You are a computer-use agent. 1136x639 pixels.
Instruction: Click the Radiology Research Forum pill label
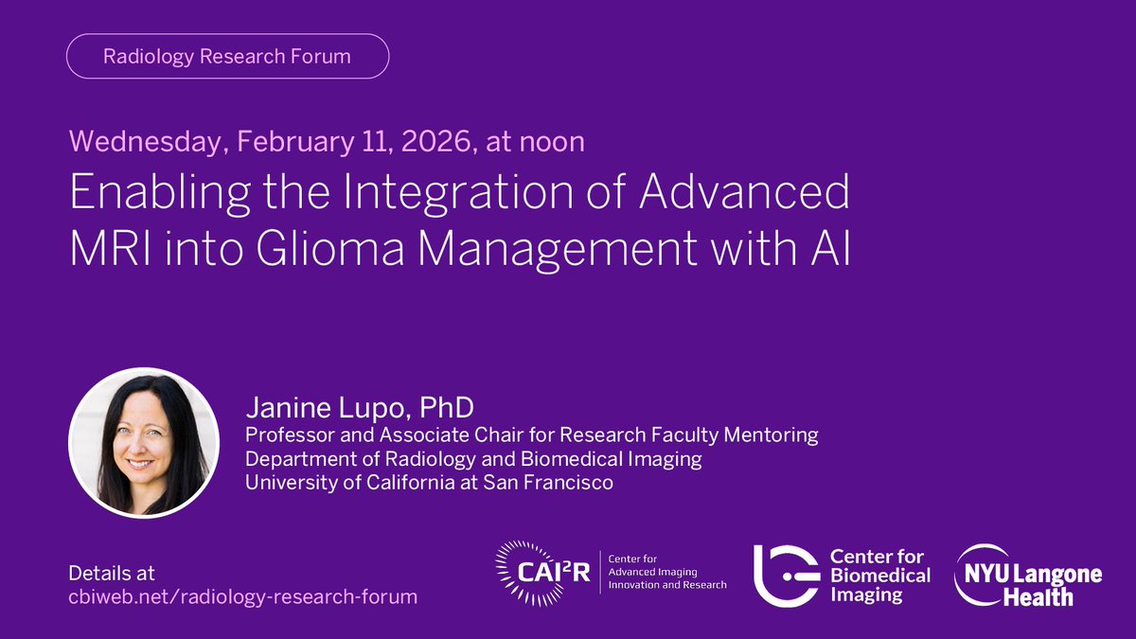point(227,56)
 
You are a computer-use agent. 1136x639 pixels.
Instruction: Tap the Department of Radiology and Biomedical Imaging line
point(473,459)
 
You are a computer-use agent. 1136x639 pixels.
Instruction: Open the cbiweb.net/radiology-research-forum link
point(242,596)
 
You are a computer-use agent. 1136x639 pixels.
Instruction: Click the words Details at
point(112,574)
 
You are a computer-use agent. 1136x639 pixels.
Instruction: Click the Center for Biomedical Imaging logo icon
point(785,575)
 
